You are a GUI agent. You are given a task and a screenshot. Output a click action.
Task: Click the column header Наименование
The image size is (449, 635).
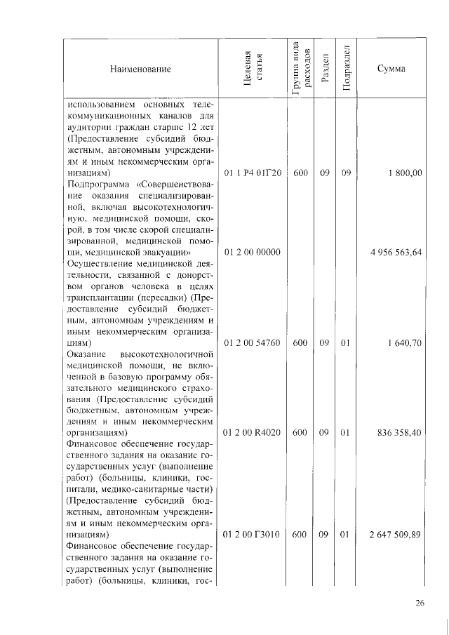140,69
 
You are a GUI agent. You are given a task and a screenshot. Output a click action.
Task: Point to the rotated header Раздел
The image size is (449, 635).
324,69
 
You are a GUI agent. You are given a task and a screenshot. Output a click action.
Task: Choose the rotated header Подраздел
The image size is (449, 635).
345,69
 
